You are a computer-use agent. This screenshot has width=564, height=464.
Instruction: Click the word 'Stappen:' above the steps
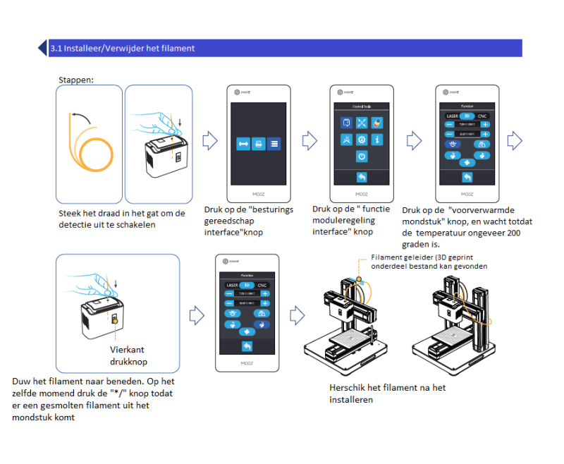click(76, 80)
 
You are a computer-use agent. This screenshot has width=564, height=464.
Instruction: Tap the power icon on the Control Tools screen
click(361, 156)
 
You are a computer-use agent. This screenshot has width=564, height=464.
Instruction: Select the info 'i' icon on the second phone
click(377, 139)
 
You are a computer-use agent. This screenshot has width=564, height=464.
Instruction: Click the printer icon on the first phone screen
click(258, 143)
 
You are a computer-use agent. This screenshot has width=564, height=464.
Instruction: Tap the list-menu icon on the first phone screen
click(274, 143)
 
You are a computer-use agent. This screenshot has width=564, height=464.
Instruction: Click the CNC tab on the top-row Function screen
click(482, 115)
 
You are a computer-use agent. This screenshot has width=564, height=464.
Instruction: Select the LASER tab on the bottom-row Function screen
click(231, 284)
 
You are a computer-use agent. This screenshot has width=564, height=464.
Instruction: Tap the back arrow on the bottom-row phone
click(246, 346)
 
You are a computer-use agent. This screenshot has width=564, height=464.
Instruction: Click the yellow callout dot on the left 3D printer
click(358, 279)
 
